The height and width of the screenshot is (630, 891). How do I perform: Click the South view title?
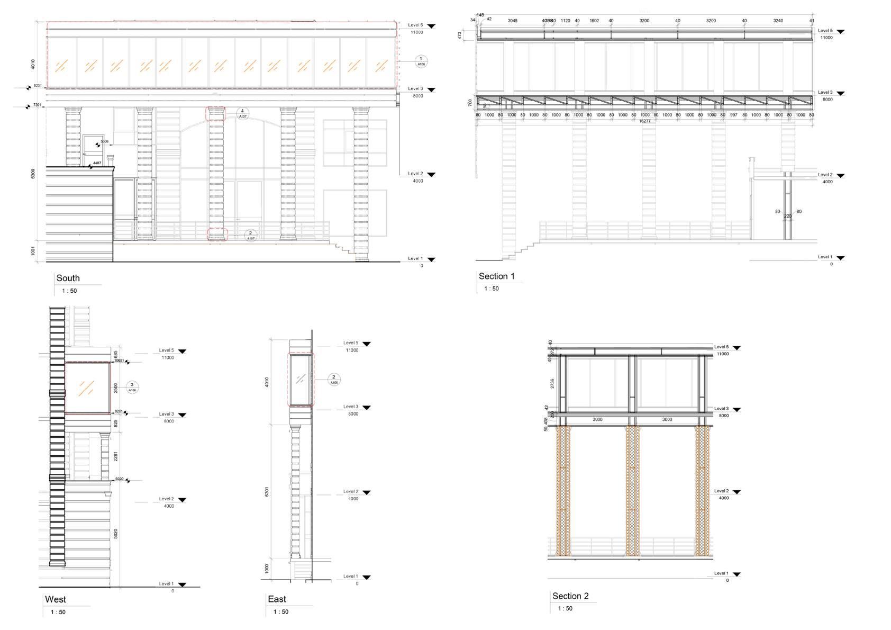68,278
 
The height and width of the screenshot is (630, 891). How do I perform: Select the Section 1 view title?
496,276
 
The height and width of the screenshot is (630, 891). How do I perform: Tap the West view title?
56,599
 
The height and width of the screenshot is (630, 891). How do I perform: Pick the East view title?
277,599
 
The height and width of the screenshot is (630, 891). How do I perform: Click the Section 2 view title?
570,596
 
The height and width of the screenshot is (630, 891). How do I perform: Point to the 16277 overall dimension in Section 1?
644,121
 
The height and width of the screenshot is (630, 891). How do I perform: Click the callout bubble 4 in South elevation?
242,113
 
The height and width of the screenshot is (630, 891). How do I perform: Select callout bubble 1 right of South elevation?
421,61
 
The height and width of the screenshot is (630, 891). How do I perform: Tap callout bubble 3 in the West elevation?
132,387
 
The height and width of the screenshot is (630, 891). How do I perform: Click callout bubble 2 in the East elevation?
333,380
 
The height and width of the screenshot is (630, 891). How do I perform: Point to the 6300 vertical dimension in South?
33,174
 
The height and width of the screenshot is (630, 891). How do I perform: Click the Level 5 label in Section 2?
721,347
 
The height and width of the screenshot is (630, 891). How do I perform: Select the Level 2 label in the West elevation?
166,499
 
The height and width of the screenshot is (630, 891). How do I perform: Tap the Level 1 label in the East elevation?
350,576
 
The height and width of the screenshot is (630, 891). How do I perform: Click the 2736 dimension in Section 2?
552,383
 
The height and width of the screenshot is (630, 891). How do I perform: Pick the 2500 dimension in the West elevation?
116,388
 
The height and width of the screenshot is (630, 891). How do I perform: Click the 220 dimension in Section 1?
788,216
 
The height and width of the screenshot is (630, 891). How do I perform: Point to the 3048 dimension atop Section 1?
512,21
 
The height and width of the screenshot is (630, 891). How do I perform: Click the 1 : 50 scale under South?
69,291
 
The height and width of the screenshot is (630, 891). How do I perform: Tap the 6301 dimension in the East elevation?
267,491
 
